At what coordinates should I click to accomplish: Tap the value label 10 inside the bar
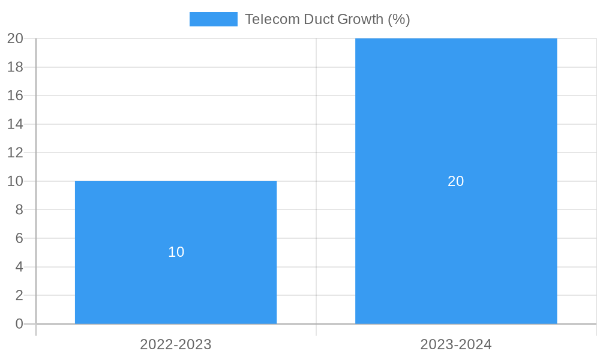[x=176, y=252]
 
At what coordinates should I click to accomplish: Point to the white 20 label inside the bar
[x=456, y=181]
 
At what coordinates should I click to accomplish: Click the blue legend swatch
[x=213, y=19]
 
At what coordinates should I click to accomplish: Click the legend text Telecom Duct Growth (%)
[x=327, y=19]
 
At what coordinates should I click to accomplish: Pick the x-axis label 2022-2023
[x=176, y=344]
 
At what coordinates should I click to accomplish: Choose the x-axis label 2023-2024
[x=456, y=344]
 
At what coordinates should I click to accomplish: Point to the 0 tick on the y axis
[x=19, y=324]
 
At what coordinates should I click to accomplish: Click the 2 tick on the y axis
[x=19, y=295]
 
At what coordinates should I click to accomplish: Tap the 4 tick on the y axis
[x=19, y=267]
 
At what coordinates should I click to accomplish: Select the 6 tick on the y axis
[x=19, y=238]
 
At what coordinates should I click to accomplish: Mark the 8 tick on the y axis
[x=19, y=209]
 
